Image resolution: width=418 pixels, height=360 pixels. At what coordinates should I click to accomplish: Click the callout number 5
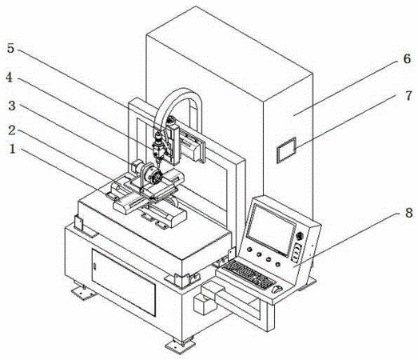point(10,49)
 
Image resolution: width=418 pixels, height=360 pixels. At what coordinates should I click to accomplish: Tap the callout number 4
point(10,78)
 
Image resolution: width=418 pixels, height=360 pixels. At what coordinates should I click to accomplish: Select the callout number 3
point(12,106)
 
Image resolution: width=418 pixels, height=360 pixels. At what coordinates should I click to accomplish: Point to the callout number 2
point(12,130)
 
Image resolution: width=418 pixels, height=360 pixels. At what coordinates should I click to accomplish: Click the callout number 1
point(12,149)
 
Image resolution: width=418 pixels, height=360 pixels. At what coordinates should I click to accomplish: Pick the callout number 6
point(407,58)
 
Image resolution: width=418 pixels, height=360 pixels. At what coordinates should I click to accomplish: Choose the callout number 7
point(408,96)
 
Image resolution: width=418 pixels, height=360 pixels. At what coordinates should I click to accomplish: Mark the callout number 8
point(409,213)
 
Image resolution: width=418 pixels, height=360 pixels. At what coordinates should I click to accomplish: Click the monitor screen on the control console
point(271,230)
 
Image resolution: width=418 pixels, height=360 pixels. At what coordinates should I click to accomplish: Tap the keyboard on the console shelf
point(249,274)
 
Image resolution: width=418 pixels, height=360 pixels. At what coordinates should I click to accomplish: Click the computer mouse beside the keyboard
point(277,289)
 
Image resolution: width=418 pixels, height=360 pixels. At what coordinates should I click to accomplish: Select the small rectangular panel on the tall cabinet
point(287,150)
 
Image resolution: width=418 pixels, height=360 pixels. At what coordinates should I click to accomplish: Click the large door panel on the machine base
point(124,282)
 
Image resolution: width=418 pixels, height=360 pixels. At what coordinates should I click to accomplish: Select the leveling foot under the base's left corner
point(84,291)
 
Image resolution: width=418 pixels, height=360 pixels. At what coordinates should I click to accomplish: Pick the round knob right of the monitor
point(300,236)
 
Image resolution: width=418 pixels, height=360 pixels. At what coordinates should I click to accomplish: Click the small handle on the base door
point(94,266)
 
